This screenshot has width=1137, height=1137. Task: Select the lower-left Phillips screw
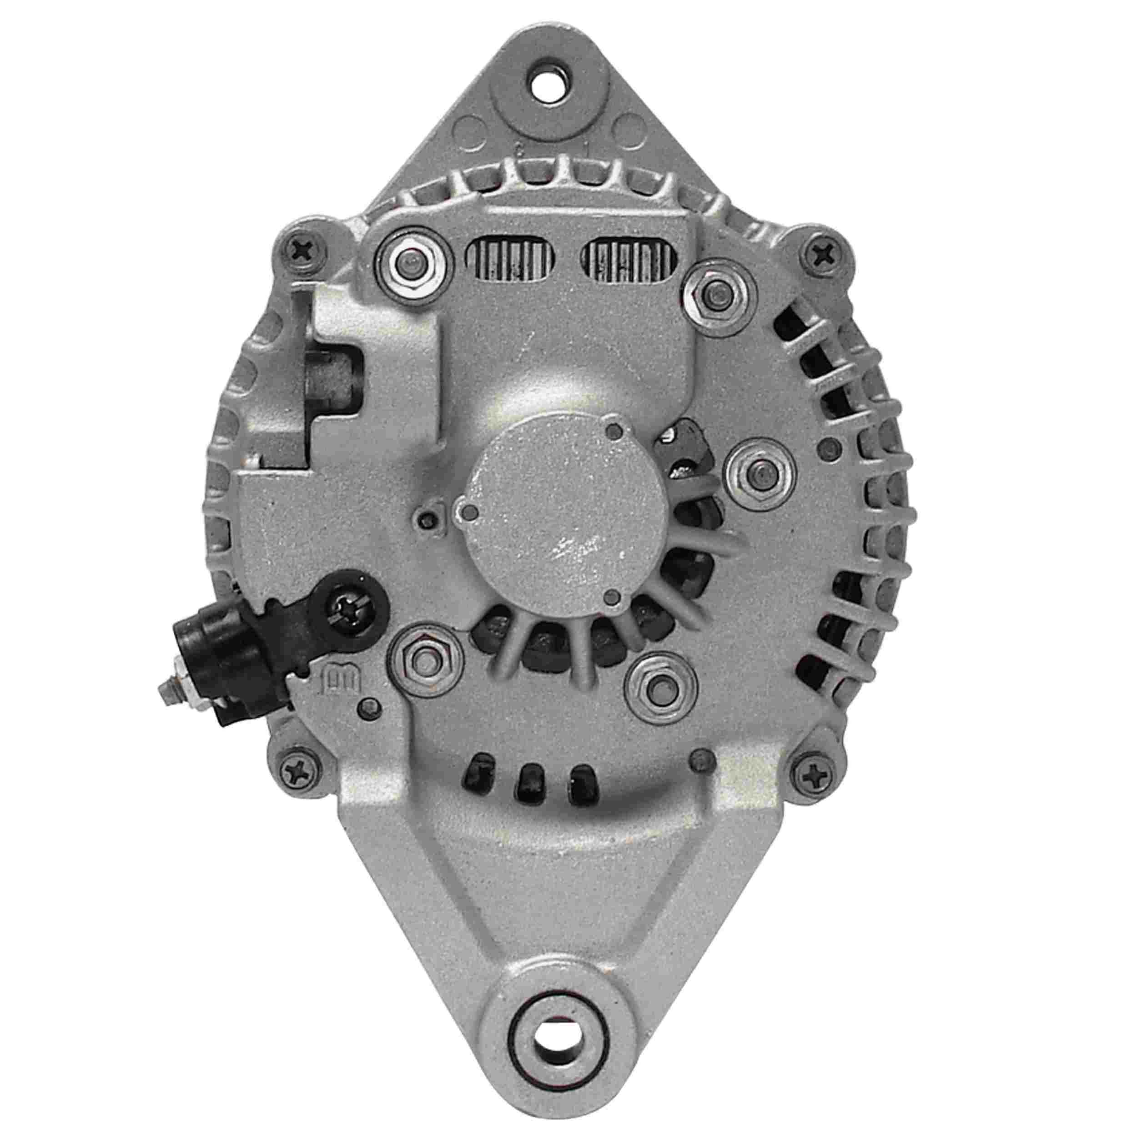[x=300, y=768]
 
